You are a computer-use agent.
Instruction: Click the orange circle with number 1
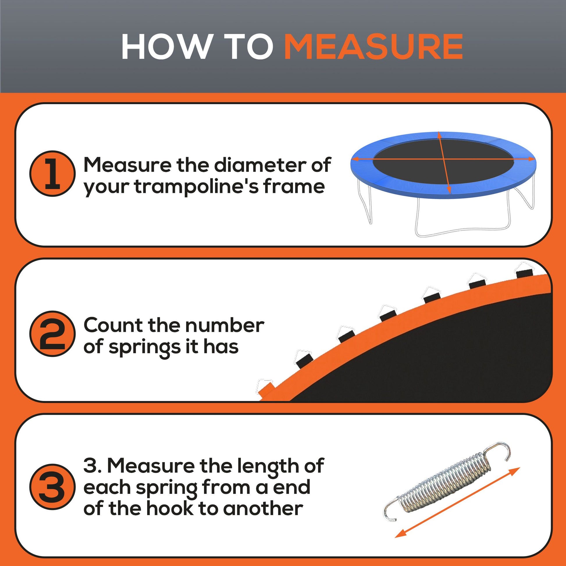click(x=52, y=174)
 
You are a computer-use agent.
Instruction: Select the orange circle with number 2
click(x=52, y=334)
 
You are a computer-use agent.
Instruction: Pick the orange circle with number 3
click(x=52, y=487)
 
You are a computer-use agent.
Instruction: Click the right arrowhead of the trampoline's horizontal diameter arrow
click(x=532, y=159)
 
